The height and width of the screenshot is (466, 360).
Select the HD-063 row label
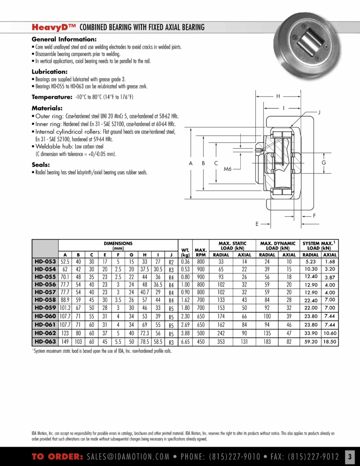[45, 341]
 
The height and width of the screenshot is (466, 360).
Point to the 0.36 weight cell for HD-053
[185, 262]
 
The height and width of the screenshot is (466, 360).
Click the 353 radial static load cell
[221, 341]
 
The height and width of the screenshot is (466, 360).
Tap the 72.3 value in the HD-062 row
[144, 333]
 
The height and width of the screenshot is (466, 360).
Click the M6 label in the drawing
[228, 169]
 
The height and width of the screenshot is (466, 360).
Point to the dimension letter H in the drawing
[278, 96]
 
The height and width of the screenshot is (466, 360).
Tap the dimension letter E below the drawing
[257, 224]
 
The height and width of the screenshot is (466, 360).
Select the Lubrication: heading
[50, 72]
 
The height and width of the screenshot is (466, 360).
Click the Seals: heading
[41, 165]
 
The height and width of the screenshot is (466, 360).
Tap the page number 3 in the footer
[350, 456]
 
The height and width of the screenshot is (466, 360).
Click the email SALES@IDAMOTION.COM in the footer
[129, 456]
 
